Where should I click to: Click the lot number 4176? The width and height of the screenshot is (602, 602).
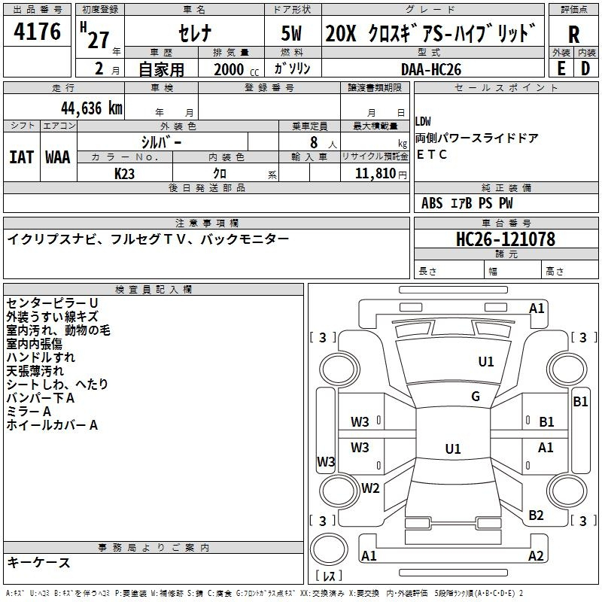tap(37, 32)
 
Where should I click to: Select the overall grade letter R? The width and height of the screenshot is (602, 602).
tap(573, 35)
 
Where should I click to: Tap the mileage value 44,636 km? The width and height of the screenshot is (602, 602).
tap(91, 108)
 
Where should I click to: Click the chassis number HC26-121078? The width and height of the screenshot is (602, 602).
tap(505, 239)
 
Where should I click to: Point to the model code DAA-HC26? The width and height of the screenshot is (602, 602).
tap(430, 69)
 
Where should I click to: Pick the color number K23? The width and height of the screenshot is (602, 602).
tap(124, 174)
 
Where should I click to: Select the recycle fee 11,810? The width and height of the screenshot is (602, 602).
tap(375, 174)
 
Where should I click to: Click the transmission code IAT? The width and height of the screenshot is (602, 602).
tap(21, 157)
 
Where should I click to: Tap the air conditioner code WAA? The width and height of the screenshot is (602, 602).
tap(58, 157)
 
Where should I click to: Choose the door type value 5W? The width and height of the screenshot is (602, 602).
tap(291, 33)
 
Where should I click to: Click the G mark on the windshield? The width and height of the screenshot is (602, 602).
tap(476, 396)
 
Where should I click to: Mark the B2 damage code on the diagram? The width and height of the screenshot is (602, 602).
tap(536, 515)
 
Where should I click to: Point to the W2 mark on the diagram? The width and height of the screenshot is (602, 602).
tap(370, 488)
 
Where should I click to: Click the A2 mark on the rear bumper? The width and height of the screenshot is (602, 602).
tap(536, 555)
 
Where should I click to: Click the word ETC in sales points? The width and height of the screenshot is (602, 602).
tap(431, 154)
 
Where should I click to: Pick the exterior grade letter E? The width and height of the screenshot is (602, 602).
tap(561, 68)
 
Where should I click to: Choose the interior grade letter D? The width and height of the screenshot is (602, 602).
tap(585, 68)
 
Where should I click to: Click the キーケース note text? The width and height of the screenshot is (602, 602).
tap(38, 563)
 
